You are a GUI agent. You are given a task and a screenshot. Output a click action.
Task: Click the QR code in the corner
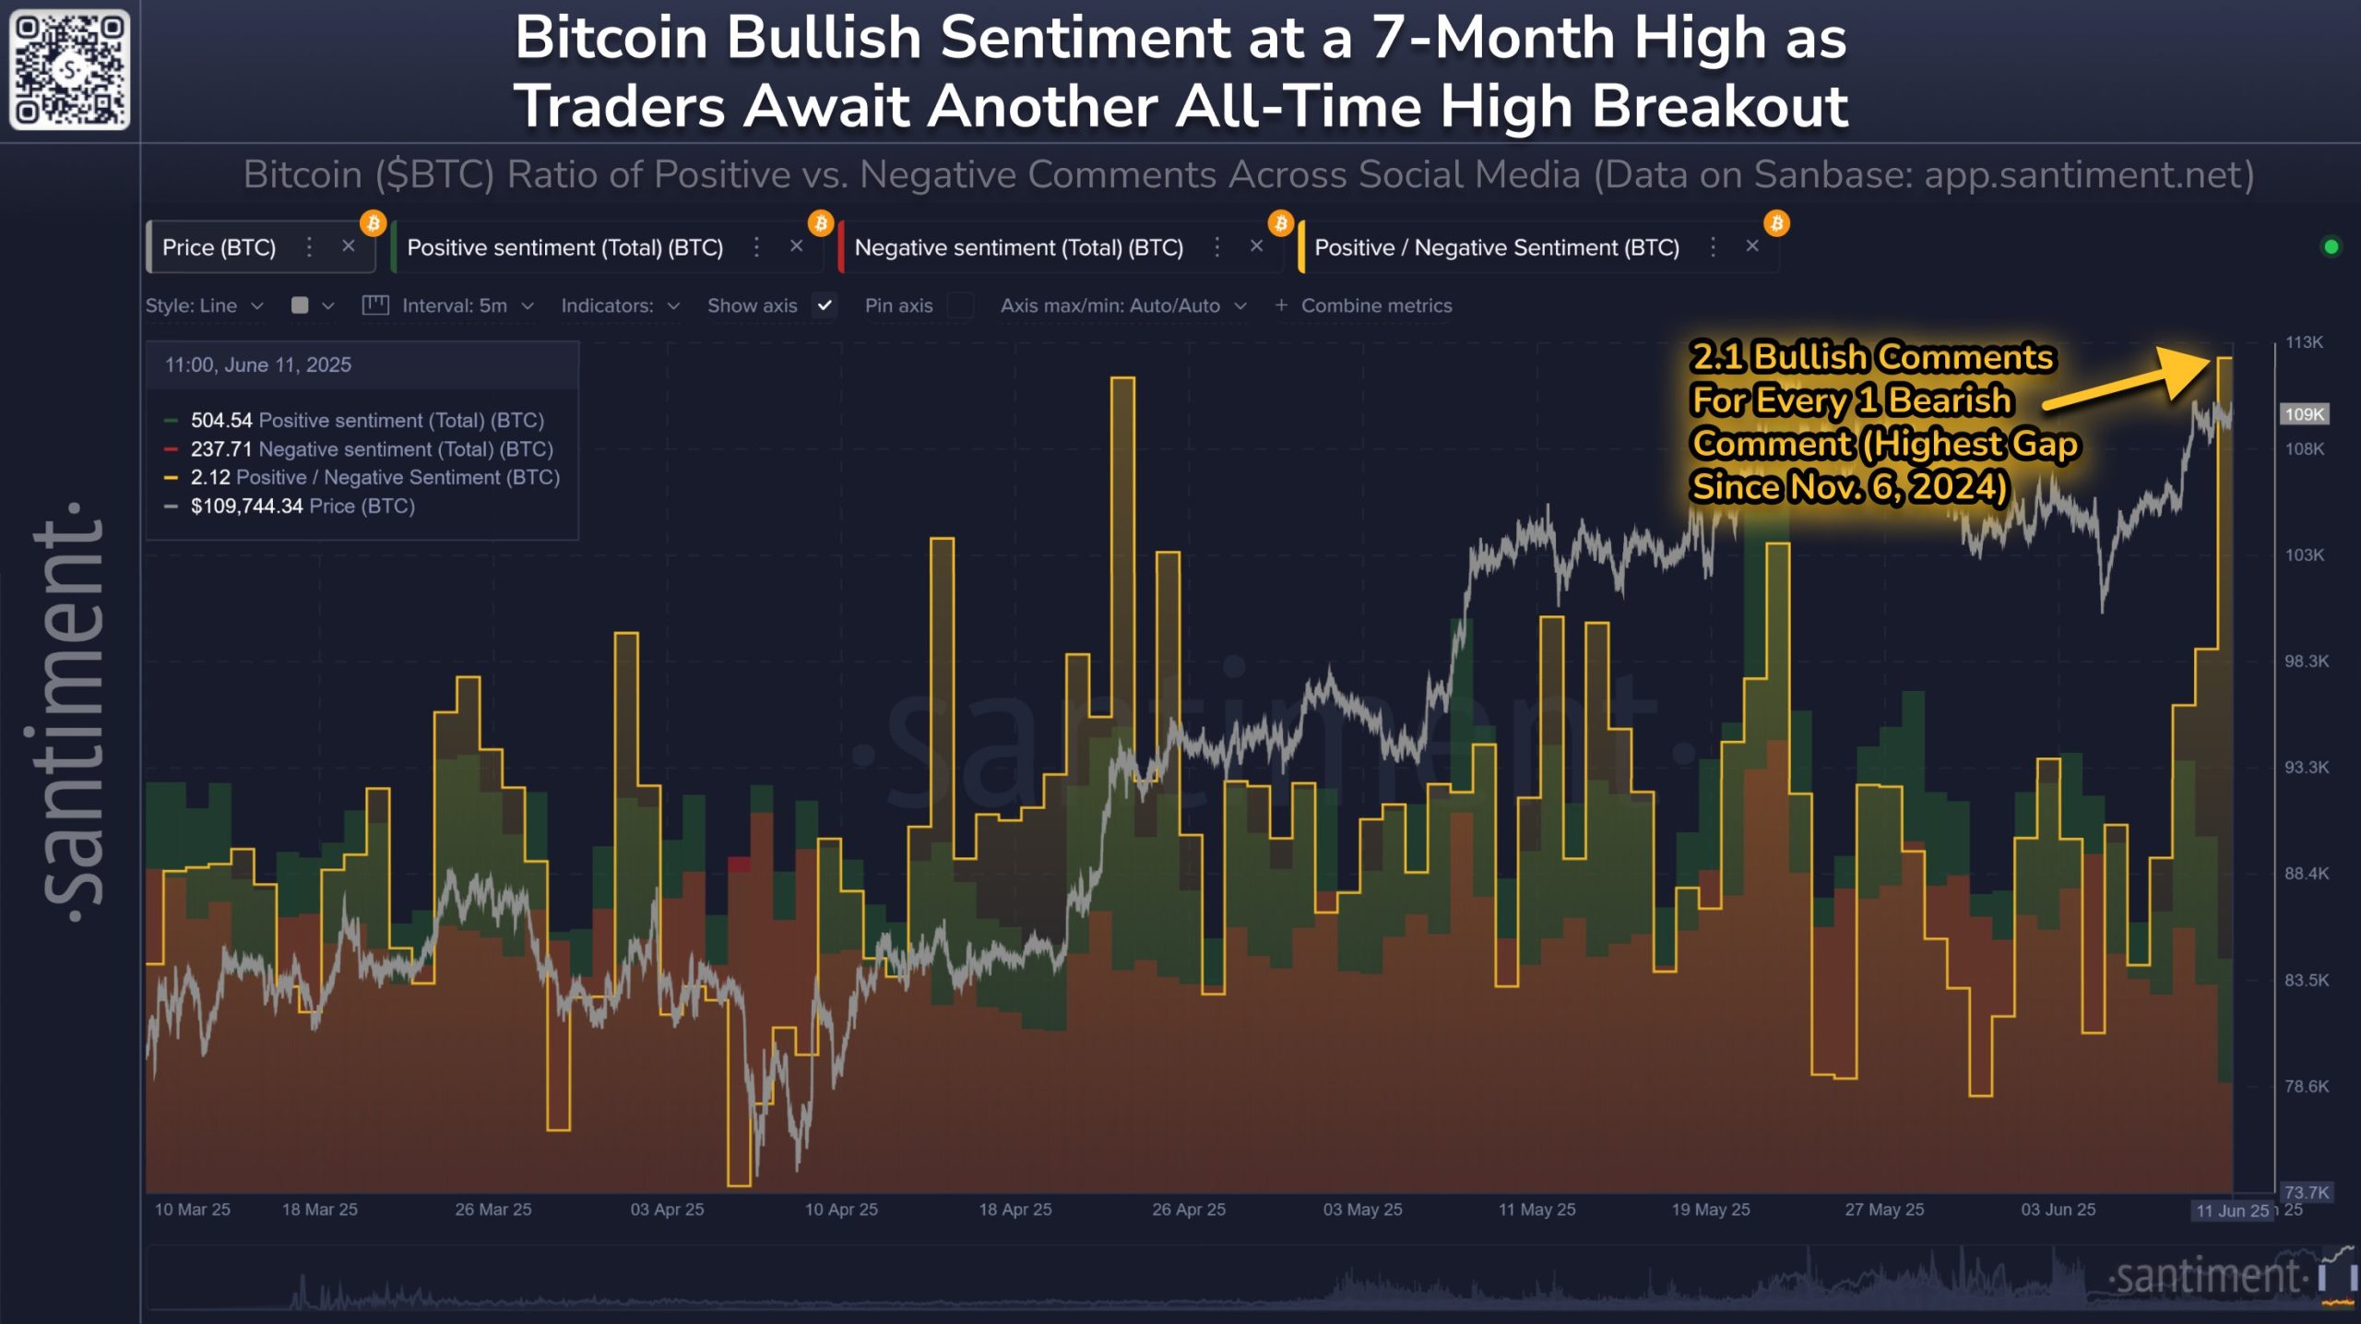point(69,69)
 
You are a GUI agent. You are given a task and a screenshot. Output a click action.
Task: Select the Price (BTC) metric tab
point(219,247)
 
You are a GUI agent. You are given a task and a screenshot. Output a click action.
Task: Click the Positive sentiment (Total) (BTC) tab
point(564,247)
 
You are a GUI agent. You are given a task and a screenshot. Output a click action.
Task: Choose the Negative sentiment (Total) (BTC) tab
point(1018,247)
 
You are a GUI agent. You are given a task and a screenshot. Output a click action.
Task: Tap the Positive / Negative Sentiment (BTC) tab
point(1496,247)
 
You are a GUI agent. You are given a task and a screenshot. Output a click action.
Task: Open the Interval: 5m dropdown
point(467,305)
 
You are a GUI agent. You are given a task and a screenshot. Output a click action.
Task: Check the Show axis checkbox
point(825,305)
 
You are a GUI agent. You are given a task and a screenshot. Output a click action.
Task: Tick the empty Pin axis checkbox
point(960,305)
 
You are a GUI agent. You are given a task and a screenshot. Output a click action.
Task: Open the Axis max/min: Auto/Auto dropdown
point(1122,305)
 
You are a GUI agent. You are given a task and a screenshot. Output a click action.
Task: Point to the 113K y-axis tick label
point(2303,342)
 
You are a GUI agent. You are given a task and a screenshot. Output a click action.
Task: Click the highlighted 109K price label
point(2303,414)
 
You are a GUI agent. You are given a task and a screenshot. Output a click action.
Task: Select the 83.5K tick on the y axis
point(2305,980)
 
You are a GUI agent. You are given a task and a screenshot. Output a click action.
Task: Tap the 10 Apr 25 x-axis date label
point(841,1209)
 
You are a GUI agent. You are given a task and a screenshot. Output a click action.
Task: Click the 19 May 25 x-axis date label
point(1710,1209)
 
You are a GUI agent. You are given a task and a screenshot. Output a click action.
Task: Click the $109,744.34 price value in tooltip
point(246,506)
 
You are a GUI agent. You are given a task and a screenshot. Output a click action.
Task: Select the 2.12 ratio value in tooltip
point(210,477)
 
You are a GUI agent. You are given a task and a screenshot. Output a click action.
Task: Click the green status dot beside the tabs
point(2331,246)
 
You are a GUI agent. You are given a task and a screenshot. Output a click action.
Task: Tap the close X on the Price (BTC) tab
point(348,246)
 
